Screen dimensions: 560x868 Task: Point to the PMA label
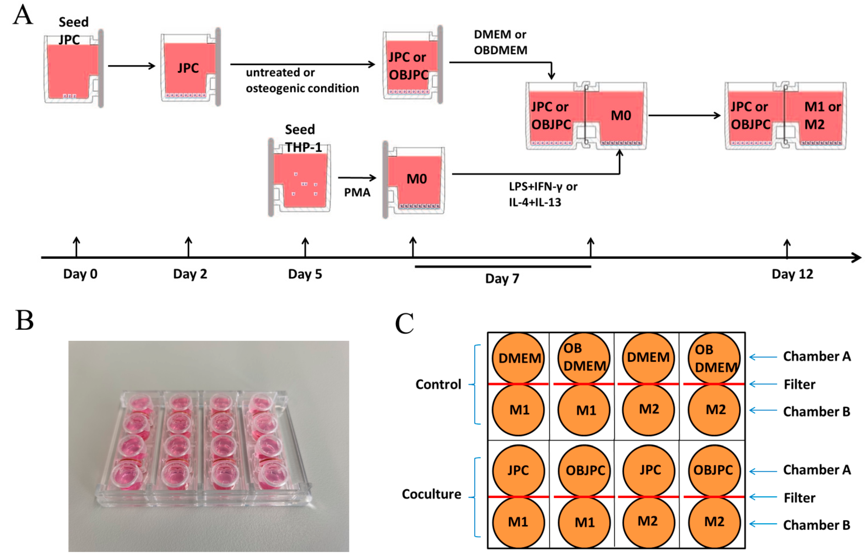[x=357, y=192]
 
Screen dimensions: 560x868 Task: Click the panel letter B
[x=24, y=321]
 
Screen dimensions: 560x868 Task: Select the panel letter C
[x=404, y=323]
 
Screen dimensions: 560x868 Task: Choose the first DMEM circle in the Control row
[x=519, y=358]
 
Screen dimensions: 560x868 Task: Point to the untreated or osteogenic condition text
[x=302, y=80]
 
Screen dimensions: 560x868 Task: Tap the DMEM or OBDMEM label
[x=500, y=42]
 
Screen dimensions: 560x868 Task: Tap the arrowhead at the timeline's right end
[x=857, y=257]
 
